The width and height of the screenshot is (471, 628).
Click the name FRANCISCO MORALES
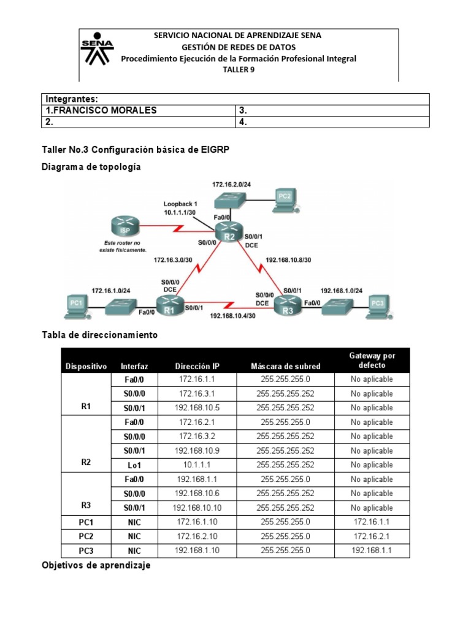pos(102,110)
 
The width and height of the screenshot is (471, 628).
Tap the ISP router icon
pos(121,229)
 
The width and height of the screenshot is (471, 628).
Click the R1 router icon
pos(169,303)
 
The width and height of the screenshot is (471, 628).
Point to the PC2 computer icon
pos(284,198)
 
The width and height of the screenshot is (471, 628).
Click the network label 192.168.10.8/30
pos(288,259)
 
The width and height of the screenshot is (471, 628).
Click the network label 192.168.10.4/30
pos(233,316)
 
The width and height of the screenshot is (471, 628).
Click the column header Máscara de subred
pos(285,366)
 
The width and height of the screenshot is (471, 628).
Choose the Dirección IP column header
pos(197,366)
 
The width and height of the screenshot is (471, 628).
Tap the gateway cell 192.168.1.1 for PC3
pos(371,551)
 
